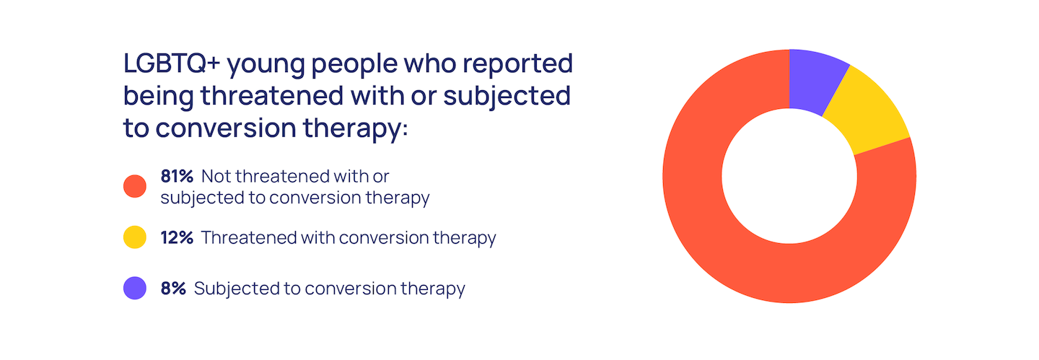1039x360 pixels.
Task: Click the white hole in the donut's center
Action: click(789, 176)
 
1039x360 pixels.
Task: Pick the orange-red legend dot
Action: click(135, 186)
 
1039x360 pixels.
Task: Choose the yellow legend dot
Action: click(135, 237)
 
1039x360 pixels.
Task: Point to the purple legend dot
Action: click(135, 288)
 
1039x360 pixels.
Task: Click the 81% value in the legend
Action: click(177, 176)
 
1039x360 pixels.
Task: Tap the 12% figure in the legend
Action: click(177, 237)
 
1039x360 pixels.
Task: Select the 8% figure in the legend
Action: click(173, 289)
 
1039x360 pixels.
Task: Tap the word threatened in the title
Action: click(272, 95)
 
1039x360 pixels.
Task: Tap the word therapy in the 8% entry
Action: click(433, 290)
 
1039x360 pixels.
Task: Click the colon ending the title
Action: click(405, 131)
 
